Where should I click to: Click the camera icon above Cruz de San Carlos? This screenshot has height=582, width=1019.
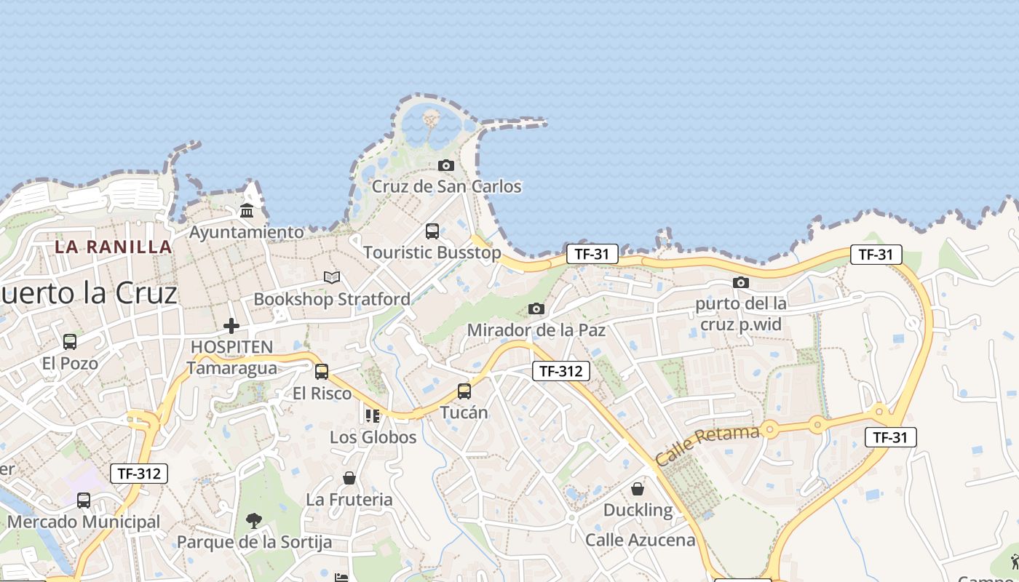point(446,166)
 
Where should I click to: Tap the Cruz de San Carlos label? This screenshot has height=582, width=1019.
point(446,187)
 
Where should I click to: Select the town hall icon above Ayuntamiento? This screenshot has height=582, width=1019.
point(247,211)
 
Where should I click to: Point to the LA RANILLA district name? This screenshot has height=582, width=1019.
point(114,247)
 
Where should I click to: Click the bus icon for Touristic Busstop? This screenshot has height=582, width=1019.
point(432,231)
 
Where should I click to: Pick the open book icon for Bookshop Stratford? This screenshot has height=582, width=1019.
point(332,277)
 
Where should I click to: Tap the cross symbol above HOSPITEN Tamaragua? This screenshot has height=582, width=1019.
point(231,325)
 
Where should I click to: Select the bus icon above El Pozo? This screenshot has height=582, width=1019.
point(70,341)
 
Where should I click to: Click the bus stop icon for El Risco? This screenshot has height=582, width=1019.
point(322,372)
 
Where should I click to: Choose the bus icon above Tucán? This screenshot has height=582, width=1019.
point(464,391)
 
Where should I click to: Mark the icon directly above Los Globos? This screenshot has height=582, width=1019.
point(373,415)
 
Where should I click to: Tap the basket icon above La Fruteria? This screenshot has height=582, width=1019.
point(349,478)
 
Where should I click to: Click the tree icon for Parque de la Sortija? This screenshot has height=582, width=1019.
point(254,520)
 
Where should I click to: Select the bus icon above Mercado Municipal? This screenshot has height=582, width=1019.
point(84,501)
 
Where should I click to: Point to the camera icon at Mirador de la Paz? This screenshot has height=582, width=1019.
point(536,308)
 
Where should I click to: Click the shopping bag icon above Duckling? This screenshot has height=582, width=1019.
point(638,488)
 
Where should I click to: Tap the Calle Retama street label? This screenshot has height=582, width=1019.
point(707,446)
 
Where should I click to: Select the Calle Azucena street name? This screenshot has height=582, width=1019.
point(641,540)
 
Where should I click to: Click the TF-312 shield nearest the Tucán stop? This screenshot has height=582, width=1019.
point(560,371)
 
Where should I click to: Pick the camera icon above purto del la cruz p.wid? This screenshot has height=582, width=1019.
point(741,282)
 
